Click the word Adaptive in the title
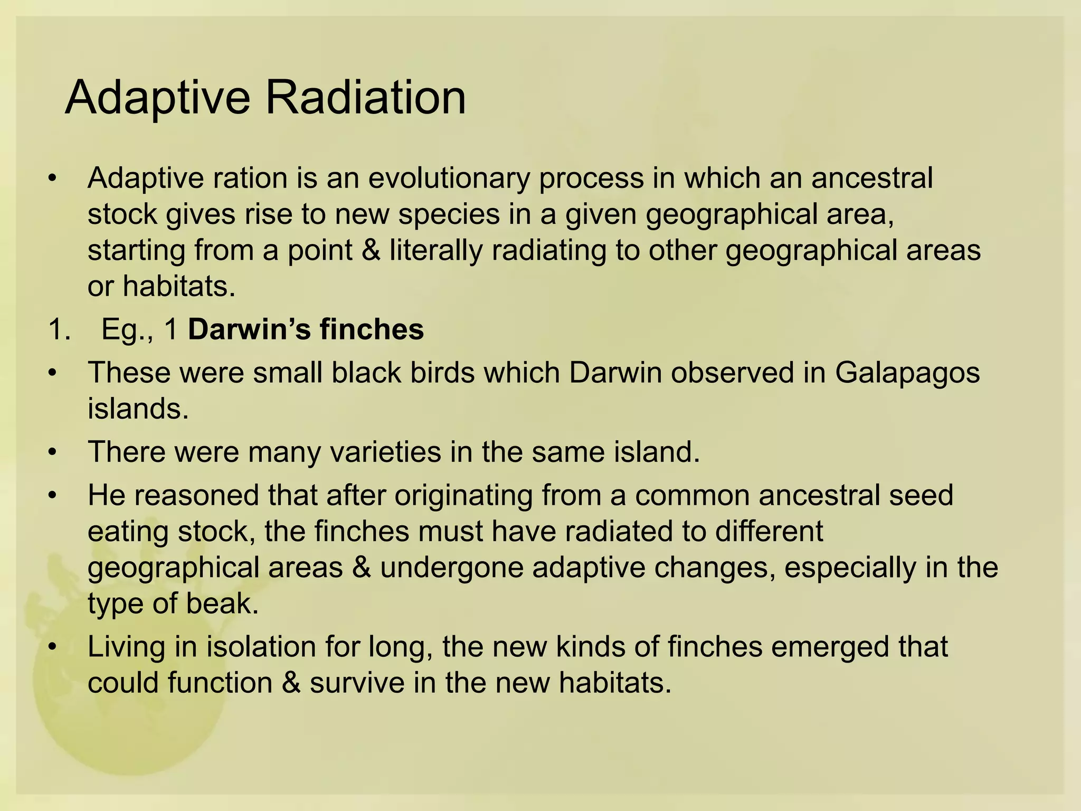157,98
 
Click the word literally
436,250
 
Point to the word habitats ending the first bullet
178,286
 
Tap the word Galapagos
907,373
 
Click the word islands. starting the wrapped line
138,409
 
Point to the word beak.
222,603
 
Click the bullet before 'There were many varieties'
51,452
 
